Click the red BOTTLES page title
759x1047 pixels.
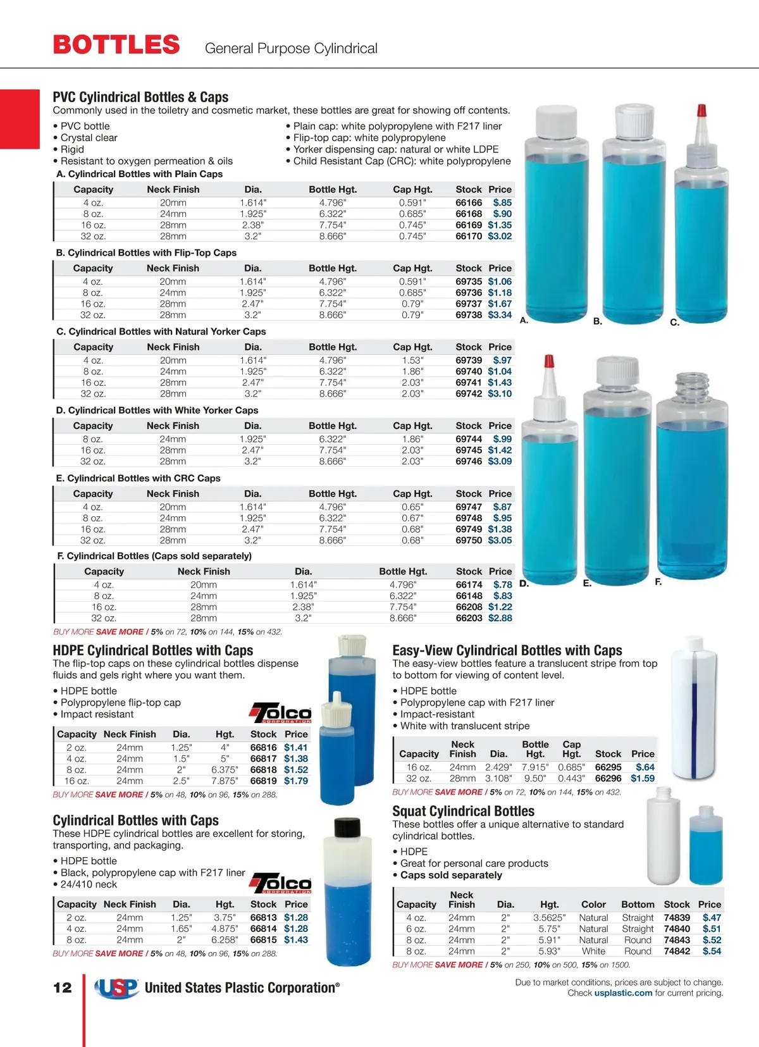[116, 45]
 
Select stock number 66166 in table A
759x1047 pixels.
[469, 203]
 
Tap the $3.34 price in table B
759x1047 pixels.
[500, 315]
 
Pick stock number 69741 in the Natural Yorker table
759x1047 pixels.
[469, 383]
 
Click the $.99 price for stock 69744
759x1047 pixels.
[502, 439]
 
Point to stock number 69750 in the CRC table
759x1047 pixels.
[469, 540]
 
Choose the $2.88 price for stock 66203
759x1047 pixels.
[500, 618]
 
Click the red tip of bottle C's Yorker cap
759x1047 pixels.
[701, 110]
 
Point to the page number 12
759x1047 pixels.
[63, 988]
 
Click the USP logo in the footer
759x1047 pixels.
[116, 988]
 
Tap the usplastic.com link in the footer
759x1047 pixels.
[623, 993]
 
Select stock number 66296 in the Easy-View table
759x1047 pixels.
[608, 779]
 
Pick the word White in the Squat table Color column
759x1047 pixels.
[593, 951]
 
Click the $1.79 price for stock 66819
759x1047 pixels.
[295, 781]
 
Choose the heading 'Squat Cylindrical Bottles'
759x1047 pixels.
[463, 811]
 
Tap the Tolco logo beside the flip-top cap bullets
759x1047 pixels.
[280, 713]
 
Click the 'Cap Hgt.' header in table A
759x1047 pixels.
[412, 190]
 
